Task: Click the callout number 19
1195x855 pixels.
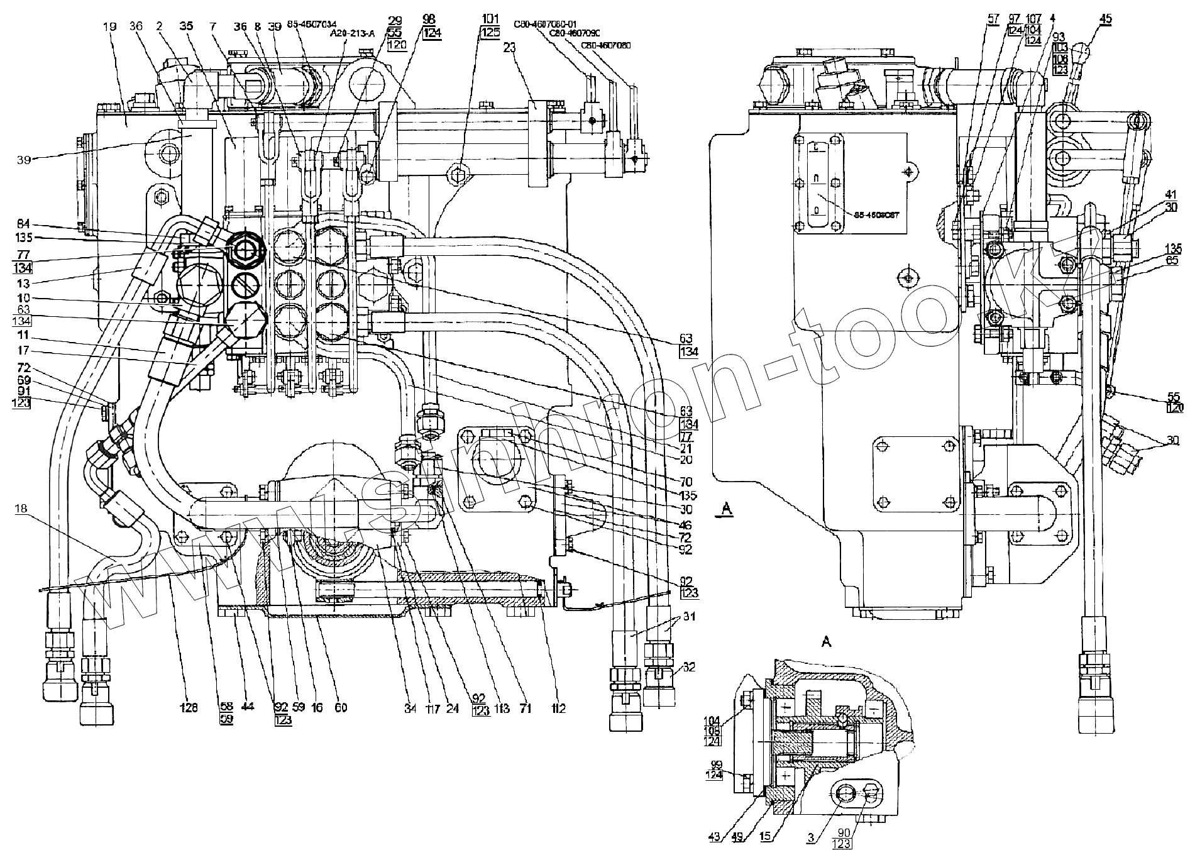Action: [110, 27]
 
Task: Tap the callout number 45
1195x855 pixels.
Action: [1105, 19]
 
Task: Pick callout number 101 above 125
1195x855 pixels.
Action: [490, 18]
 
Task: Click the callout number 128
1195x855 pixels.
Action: [189, 708]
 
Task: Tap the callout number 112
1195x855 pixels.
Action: [558, 709]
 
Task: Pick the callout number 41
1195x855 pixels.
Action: [1169, 194]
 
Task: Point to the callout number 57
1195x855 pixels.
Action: [993, 19]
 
